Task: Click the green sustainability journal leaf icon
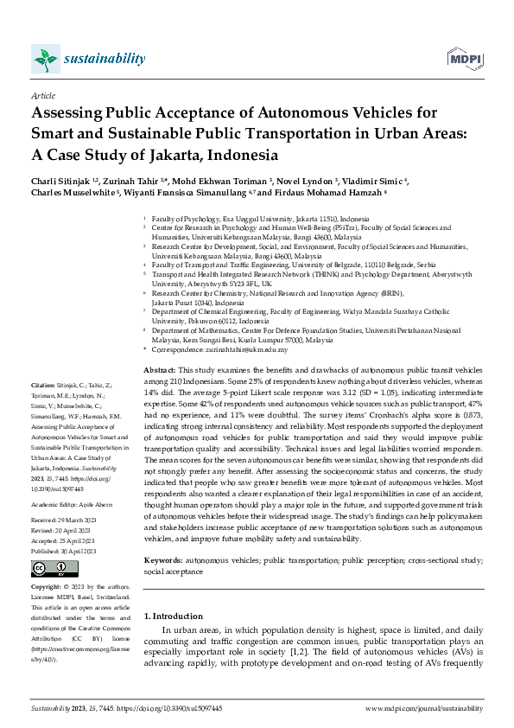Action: pyautogui.click(x=44, y=59)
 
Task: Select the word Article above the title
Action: pyautogui.click(x=42, y=95)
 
